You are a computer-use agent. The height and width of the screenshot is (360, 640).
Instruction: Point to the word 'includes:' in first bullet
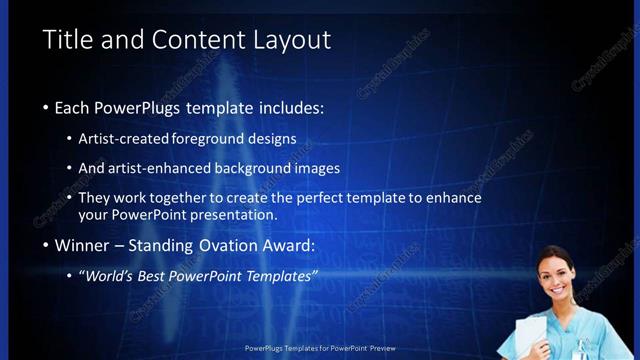tap(289, 107)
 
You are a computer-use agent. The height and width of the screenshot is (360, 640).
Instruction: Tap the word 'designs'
tap(275, 138)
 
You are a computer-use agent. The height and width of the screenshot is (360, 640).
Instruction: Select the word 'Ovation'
tap(216, 245)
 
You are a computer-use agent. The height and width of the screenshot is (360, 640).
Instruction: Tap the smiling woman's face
tap(555, 271)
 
